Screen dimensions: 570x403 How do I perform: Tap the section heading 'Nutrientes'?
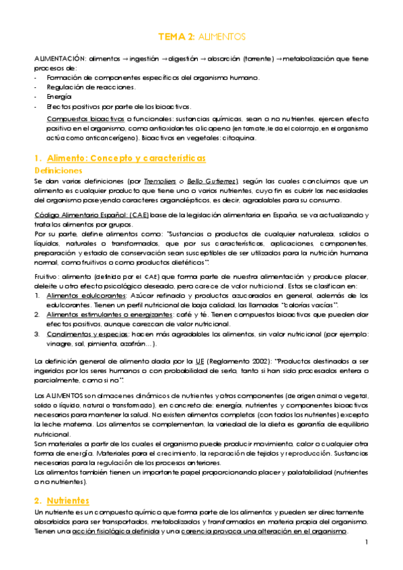(x=68, y=501)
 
